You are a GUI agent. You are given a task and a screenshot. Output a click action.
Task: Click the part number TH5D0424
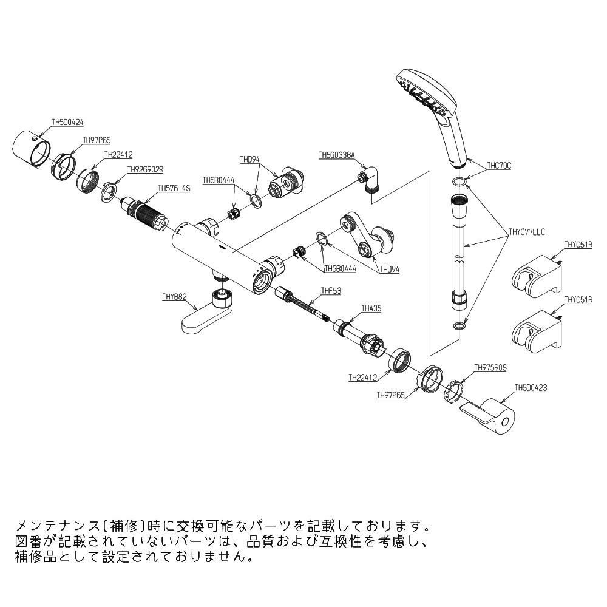coord(67,121)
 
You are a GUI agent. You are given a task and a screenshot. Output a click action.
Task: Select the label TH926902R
coord(146,169)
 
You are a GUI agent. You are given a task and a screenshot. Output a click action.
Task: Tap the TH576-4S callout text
coord(174,188)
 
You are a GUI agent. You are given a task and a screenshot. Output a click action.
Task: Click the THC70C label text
coord(500,164)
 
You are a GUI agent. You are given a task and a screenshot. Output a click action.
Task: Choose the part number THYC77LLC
coord(527,231)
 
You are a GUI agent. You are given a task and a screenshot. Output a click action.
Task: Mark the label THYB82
coord(174,297)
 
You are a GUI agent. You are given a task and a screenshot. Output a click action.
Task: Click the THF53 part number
coord(331,291)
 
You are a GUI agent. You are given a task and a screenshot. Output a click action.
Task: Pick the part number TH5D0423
coord(531,387)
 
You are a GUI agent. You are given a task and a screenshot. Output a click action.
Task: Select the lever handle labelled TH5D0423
coord(490,415)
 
